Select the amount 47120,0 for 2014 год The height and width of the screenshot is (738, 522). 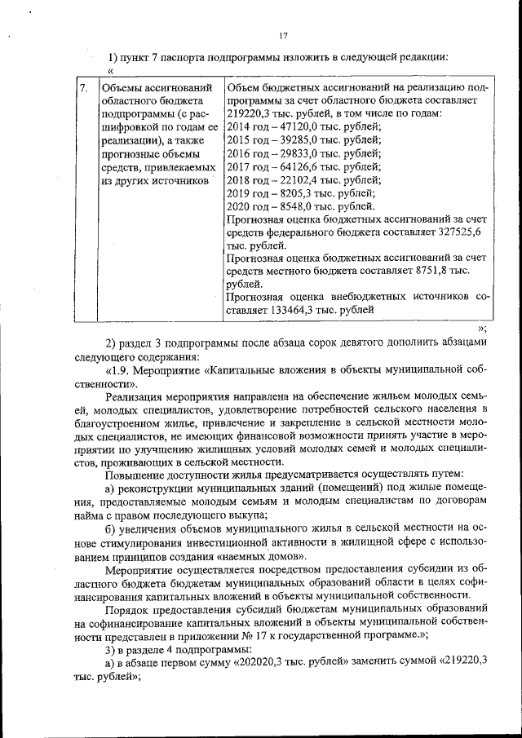(287, 127)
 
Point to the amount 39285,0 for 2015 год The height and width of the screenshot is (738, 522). (287, 140)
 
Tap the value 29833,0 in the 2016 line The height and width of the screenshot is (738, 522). (287, 153)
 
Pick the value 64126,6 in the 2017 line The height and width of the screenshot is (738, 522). (287, 166)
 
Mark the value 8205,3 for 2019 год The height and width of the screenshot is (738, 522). (285, 193)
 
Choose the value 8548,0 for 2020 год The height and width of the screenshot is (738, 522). (285, 206)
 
